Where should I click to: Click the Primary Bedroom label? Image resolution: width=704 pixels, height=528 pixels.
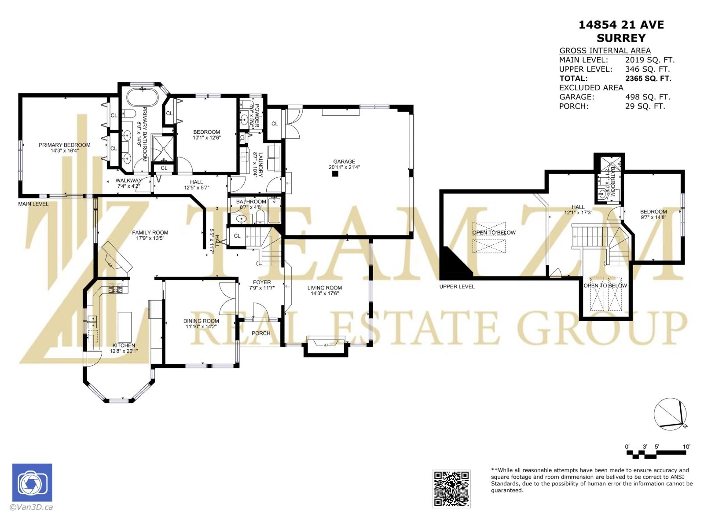64,145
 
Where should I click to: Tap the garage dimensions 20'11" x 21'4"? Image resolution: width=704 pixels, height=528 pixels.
344,167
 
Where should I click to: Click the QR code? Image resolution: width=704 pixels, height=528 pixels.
451,488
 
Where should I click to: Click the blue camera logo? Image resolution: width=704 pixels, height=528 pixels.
32,483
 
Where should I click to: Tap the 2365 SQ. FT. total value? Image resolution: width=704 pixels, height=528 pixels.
648,78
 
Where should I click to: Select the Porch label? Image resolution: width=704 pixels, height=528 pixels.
261,333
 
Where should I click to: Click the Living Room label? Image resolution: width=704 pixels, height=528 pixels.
325,288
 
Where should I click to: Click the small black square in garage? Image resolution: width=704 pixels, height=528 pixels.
335,174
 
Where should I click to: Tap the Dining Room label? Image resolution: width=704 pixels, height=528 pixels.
201,321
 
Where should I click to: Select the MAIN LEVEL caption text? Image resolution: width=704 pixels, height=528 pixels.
33,204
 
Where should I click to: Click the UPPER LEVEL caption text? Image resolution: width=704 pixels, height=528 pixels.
457,286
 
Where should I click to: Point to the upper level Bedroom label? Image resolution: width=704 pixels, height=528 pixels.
653,212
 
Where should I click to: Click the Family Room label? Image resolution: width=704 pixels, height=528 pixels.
150,233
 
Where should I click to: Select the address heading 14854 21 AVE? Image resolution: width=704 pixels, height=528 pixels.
621,25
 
